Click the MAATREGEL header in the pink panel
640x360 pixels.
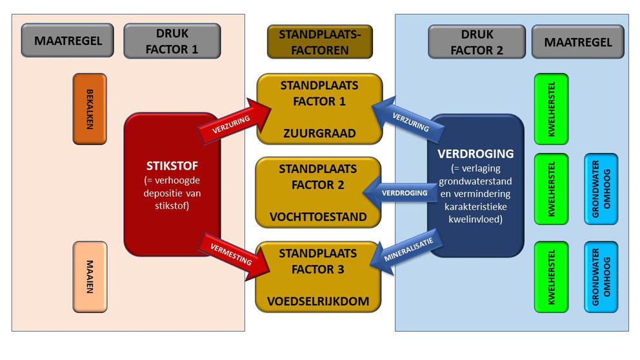tap(67, 41)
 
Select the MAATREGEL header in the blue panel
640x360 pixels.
tap(577, 42)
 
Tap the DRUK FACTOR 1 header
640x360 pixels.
tap(172, 41)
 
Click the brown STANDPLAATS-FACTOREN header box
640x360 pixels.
tap(319, 42)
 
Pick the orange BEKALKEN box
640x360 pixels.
tap(90, 108)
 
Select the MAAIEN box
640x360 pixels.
tap(90, 277)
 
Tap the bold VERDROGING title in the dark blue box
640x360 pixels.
tap(475, 154)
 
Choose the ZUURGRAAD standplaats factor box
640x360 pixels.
tap(319, 108)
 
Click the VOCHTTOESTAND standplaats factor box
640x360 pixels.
tap(319, 193)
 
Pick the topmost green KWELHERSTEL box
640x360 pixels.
tap(551, 108)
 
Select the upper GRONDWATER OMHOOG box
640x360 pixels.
tap(601, 189)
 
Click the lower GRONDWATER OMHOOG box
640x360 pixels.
tap(601, 277)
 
